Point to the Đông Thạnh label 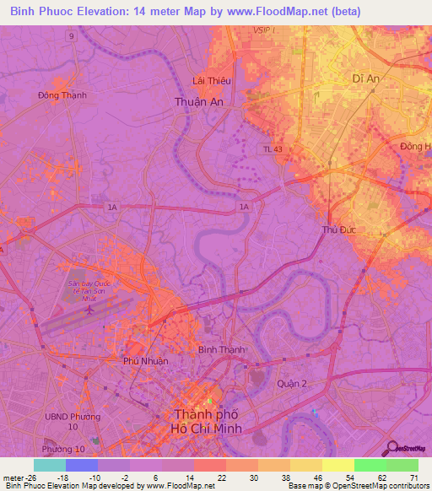(x=62, y=95)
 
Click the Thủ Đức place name (x=337, y=229)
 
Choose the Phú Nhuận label (x=146, y=361)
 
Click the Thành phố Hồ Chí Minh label (x=207, y=421)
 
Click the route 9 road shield (x=72, y=37)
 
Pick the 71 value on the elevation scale (x=413, y=477)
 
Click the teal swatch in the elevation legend (x=50, y=465)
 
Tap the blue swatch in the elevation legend (x=82, y=465)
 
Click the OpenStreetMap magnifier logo (x=391, y=448)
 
